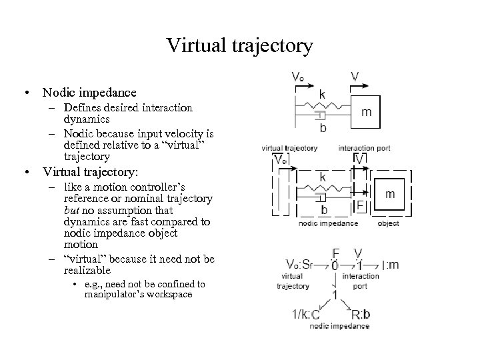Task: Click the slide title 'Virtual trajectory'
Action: point(239,45)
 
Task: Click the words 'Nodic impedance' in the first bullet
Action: point(89,93)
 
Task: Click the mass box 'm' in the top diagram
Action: point(367,112)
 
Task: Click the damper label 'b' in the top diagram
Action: point(323,128)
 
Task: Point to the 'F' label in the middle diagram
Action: point(359,205)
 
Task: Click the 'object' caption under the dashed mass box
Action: point(388,224)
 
